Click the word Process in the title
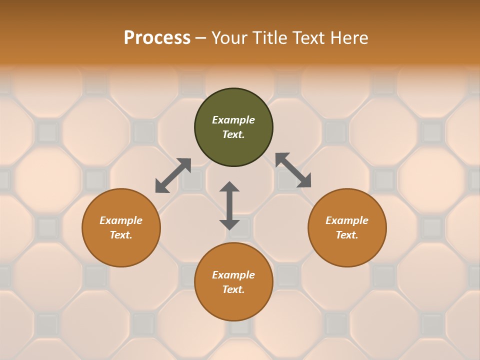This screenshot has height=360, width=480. point(157,38)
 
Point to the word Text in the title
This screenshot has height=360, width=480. point(312,38)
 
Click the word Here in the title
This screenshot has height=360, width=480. point(351,38)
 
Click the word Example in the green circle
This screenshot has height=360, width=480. point(233,120)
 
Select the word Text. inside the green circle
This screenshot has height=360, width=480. point(233,134)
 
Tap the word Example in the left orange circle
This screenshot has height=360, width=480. point(121,220)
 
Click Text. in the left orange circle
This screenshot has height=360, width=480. point(121,235)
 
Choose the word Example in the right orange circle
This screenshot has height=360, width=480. point(347,220)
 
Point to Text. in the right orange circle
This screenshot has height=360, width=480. point(347,235)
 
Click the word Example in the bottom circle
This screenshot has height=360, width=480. point(233,275)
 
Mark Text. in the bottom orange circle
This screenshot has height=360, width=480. point(233,289)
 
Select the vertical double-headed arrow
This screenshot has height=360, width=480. point(229,205)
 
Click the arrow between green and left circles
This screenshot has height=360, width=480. point(173,175)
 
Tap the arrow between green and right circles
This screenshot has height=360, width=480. point(293,170)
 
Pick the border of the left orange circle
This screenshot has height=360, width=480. point(82,227)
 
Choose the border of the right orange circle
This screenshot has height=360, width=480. point(386,227)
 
